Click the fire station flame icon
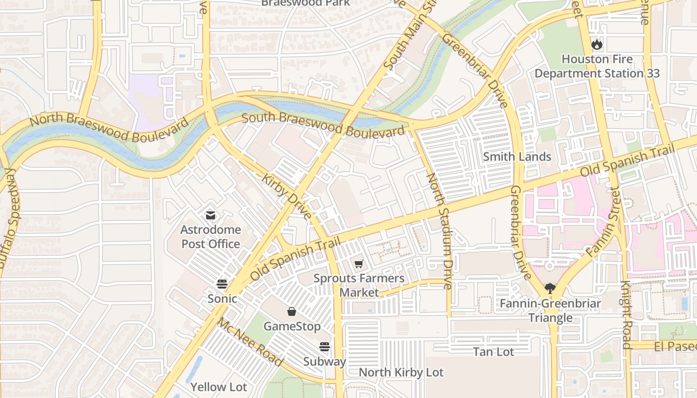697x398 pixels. [596, 44]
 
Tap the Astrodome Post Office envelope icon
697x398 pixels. [210, 215]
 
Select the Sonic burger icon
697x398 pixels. [222, 284]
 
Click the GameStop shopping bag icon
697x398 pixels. [292, 311]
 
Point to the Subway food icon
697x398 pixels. [325, 346]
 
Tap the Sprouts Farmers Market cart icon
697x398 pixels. [359, 264]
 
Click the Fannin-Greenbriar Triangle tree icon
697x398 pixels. [550, 288]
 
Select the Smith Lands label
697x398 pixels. [517, 157]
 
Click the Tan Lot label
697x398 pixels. [493, 352]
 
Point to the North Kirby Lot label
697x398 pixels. [401, 372]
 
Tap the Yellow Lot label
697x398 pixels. [219, 387]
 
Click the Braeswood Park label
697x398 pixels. [306, 3]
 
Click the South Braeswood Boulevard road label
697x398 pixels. [323, 125]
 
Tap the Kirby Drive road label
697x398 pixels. [287, 197]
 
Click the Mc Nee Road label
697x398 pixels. [250, 342]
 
